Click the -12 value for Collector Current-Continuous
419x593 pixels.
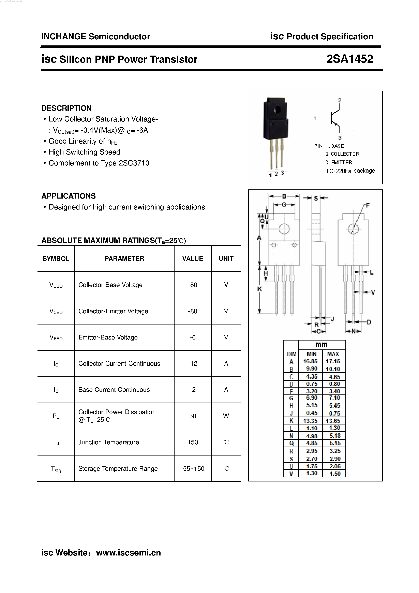click(193, 363)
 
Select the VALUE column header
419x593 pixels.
click(193, 259)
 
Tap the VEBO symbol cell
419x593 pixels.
click(56, 337)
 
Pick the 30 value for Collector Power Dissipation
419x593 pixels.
click(193, 416)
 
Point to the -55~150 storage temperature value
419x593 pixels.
click(193, 468)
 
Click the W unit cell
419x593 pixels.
click(226, 416)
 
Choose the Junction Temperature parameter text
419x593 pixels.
click(109, 442)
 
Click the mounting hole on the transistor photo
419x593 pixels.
click(277, 110)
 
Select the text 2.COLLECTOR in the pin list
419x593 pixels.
click(342, 154)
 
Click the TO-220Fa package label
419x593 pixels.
click(350, 171)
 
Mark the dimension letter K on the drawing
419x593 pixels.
click(259, 289)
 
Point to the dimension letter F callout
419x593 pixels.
click(368, 205)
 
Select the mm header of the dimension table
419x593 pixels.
click(321, 345)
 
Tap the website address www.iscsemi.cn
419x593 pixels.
click(128, 552)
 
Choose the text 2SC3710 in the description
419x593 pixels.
click(134, 163)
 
